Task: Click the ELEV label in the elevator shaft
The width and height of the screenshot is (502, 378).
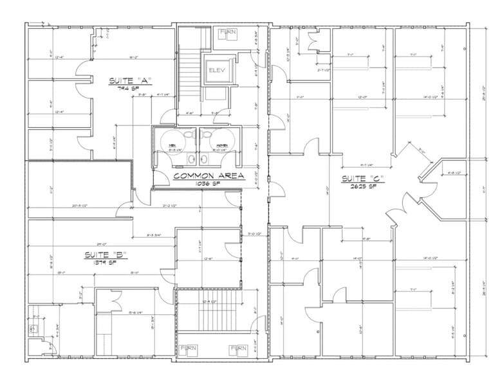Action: pos(214,70)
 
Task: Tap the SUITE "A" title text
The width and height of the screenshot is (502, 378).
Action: pos(129,80)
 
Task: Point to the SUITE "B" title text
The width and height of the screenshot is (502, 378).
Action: pos(106,255)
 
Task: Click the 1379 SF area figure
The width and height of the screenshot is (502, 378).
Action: pos(106,263)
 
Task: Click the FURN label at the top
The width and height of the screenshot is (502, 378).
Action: pos(227,32)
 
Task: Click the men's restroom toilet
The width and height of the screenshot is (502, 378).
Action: pos(187,136)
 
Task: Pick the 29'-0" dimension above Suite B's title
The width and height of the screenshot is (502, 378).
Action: pos(101,244)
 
